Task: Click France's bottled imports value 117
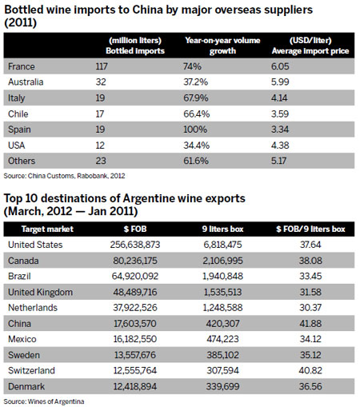[x=117, y=68]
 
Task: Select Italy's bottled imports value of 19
[x=114, y=97]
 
